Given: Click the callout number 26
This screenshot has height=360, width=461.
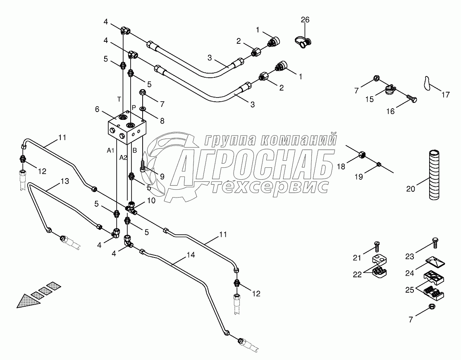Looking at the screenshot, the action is tap(305, 20).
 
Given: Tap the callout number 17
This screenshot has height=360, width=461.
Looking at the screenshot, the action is tap(445, 95).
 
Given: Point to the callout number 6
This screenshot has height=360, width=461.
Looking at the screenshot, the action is tap(97, 109).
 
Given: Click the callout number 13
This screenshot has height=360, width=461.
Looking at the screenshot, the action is tap(64, 181).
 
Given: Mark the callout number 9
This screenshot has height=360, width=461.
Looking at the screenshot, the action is tap(162, 176).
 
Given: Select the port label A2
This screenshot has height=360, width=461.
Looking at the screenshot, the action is tap(123, 157).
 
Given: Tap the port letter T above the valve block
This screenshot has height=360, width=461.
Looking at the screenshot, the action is tap(119, 99).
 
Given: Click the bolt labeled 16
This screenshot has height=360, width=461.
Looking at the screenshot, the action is tap(413, 99).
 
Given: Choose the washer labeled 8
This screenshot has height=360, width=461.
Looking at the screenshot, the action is tap(143, 109).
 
